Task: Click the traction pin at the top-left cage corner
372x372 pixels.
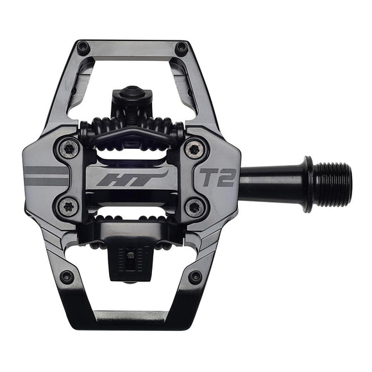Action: point(83,47)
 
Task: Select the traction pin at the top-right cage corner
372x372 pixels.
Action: point(182,47)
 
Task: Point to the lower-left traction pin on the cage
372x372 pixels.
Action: point(67,277)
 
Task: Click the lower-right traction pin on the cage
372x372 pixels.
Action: point(195,277)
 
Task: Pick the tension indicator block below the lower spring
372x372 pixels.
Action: point(132,260)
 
